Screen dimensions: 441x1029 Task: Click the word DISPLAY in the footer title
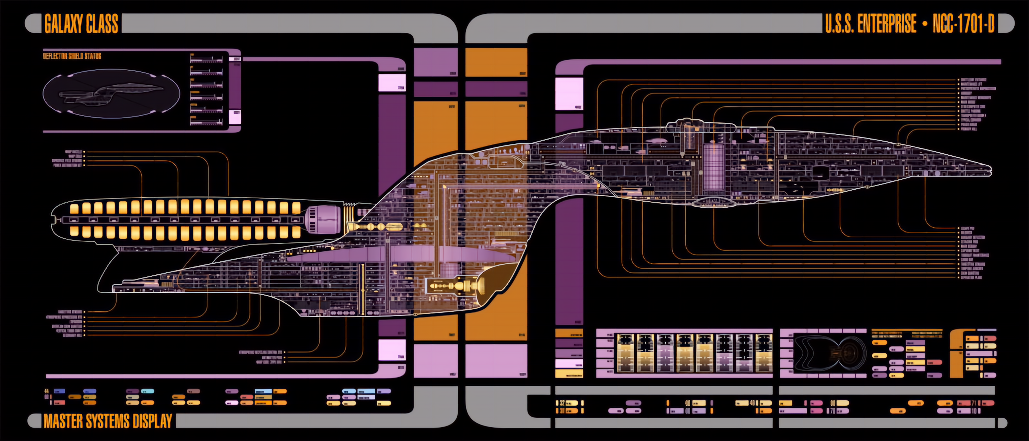(152, 421)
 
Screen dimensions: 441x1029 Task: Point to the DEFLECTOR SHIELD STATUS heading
(72, 56)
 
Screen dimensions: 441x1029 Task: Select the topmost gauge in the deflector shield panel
(206, 59)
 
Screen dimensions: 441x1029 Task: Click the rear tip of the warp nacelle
(54, 219)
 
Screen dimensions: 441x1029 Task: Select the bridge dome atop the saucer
(685, 121)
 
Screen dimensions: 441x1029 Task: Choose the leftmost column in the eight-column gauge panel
(625, 353)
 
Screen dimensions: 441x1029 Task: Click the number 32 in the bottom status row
(562, 403)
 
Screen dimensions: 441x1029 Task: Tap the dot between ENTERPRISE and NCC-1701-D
(925, 24)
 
